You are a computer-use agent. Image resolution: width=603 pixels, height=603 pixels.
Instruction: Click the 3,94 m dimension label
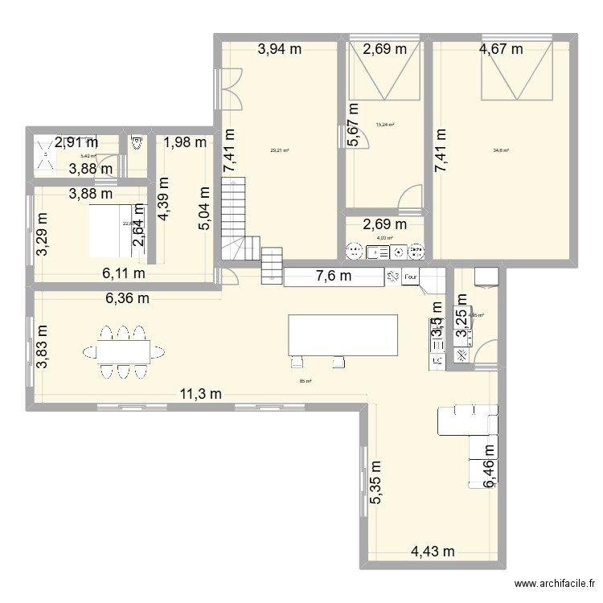coord(280,49)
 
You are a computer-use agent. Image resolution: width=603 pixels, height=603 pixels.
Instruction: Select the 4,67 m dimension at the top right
coord(501,49)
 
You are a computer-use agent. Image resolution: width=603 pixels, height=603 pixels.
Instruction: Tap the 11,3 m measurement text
coord(199,393)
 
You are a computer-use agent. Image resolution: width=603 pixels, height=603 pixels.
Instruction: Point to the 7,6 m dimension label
coord(334,277)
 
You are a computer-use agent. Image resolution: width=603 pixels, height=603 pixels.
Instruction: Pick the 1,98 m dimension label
coord(185,143)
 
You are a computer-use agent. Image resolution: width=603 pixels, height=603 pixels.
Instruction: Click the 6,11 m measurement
coord(123,273)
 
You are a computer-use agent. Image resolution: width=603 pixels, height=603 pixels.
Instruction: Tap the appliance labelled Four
coord(411,277)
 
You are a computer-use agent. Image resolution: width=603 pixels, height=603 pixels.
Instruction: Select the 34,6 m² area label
coord(501,149)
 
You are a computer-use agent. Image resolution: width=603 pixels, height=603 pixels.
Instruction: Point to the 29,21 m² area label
coord(280,149)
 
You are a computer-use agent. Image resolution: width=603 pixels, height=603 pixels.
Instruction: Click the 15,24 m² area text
coord(385,125)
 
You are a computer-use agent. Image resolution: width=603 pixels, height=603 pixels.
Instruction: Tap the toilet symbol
coord(137,143)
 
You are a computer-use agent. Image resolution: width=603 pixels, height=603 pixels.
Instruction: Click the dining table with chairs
coord(121,351)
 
